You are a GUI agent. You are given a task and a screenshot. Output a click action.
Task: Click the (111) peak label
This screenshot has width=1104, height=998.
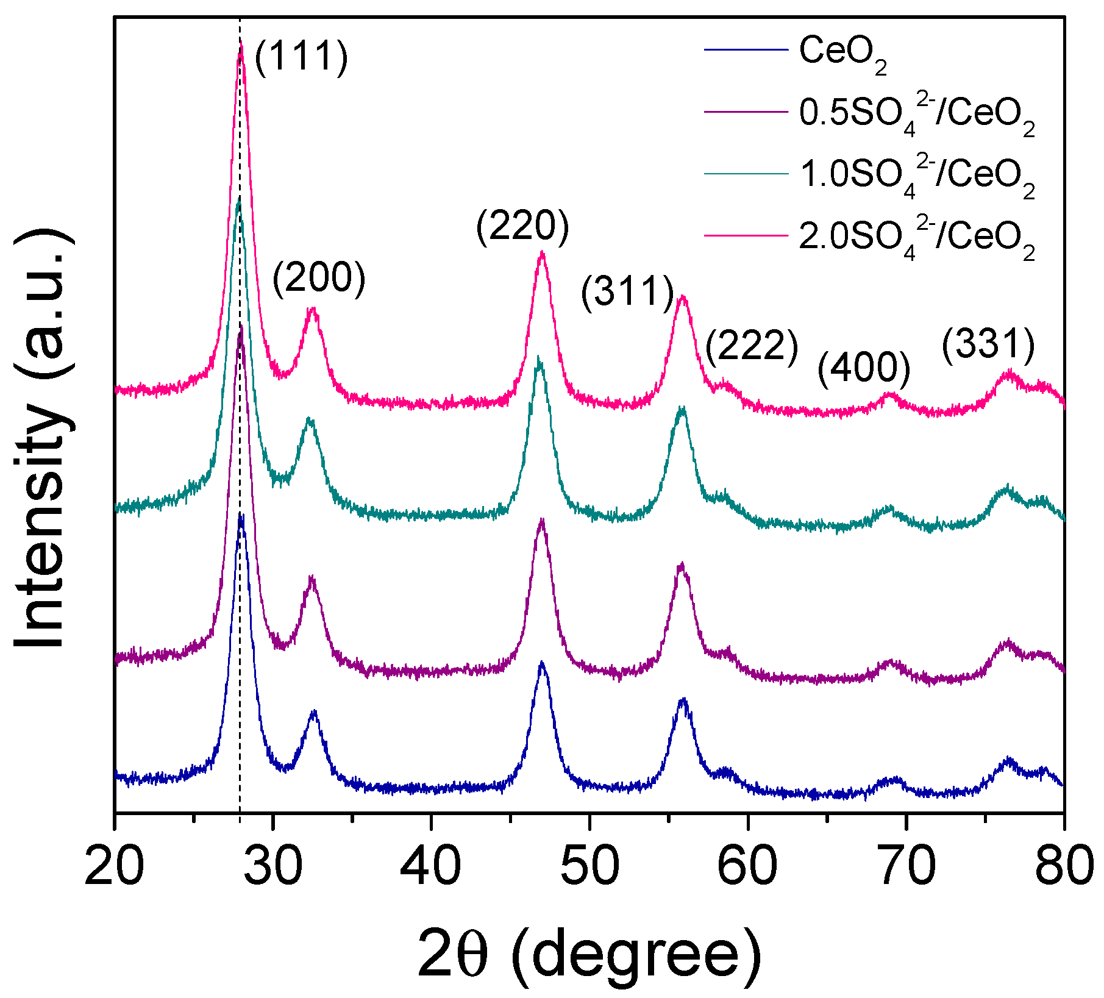point(301,58)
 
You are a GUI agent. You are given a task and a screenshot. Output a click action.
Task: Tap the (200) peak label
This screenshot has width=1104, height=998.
point(319,279)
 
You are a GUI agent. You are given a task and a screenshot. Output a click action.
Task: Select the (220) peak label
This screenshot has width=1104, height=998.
point(522,227)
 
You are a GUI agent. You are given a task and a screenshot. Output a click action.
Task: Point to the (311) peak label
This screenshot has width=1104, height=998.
point(627,293)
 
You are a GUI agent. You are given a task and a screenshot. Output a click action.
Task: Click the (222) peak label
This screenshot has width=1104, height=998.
point(752,348)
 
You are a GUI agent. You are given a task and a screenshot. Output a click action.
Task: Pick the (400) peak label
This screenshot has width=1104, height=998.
point(864,369)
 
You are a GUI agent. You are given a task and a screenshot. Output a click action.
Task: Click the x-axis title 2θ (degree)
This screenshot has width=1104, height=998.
point(589,954)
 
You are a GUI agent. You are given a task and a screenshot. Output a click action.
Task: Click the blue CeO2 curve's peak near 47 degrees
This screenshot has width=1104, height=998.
point(541,663)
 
